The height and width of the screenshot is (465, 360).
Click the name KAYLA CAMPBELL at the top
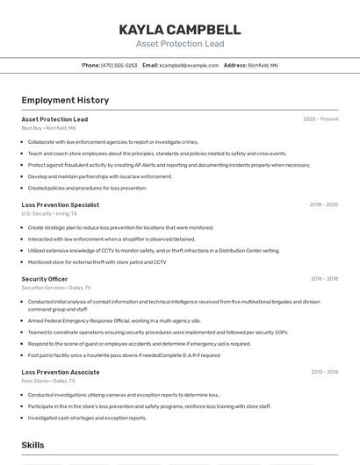(x=180, y=30)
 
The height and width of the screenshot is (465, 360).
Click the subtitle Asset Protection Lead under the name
(x=180, y=44)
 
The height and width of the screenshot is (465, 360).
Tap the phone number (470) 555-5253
(x=119, y=66)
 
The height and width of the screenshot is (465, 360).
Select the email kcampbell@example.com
(x=189, y=66)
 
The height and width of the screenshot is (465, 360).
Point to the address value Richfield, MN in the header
(x=263, y=66)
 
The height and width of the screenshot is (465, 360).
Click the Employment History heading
(x=65, y=101)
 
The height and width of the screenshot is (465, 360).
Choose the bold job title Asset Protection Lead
(x=54, y=119)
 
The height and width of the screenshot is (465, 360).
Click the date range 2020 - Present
(x=320, y=119)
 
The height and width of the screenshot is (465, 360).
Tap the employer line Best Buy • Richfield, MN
(x=48, y=128)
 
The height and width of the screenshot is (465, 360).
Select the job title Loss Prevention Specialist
(x=60, y=205)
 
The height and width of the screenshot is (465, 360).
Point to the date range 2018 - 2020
(x=323, y=205)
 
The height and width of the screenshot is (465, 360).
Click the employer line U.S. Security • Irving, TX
(x=49, y=213)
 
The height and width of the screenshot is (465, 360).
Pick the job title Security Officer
(x=45, y=279)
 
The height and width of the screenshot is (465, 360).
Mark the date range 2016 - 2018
(x=324, y=279)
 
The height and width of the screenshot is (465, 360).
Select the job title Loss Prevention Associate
(x=61, y=372)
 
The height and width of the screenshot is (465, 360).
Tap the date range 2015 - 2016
(x=324, y=372)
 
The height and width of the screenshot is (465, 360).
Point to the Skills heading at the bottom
(x=32, y=446)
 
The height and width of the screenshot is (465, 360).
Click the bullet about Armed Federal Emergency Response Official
(x=114, y=321)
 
